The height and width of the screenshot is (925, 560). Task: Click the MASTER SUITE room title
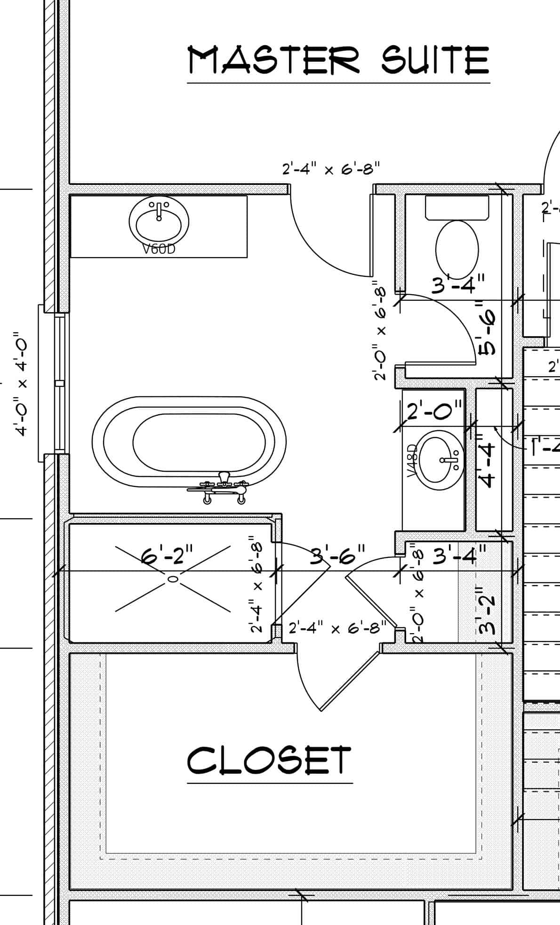coord(338,60)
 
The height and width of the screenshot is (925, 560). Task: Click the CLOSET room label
coord(269,760)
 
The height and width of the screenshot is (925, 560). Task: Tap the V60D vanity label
coord(159,249)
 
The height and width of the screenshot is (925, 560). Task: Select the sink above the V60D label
coord(159,220)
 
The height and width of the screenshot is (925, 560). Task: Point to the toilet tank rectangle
coord(457,208)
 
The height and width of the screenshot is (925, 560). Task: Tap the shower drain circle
coord(173,579)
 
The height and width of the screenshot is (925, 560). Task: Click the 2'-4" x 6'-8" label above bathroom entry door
coord(330,168)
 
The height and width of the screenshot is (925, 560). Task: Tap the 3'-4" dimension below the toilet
coord(458,284)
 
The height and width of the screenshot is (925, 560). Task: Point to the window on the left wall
coord(59,384)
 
